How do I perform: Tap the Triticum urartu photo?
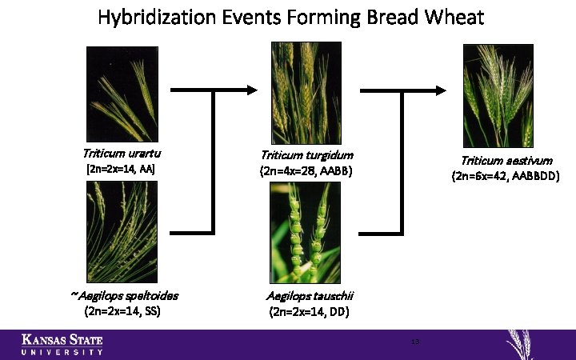[122, 94]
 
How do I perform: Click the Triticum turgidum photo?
[306, 93]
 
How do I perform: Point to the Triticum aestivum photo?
[498, 95]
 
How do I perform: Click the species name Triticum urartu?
[120, 154]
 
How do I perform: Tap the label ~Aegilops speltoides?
[124, 295]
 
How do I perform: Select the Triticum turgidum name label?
[307, 155]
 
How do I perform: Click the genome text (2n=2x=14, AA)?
[120, 169]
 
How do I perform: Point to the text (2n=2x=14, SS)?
[122, 311]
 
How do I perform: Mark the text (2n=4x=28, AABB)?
[306, 171]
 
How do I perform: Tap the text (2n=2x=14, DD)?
[309, 312]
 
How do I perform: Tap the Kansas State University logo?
[62, 343]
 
